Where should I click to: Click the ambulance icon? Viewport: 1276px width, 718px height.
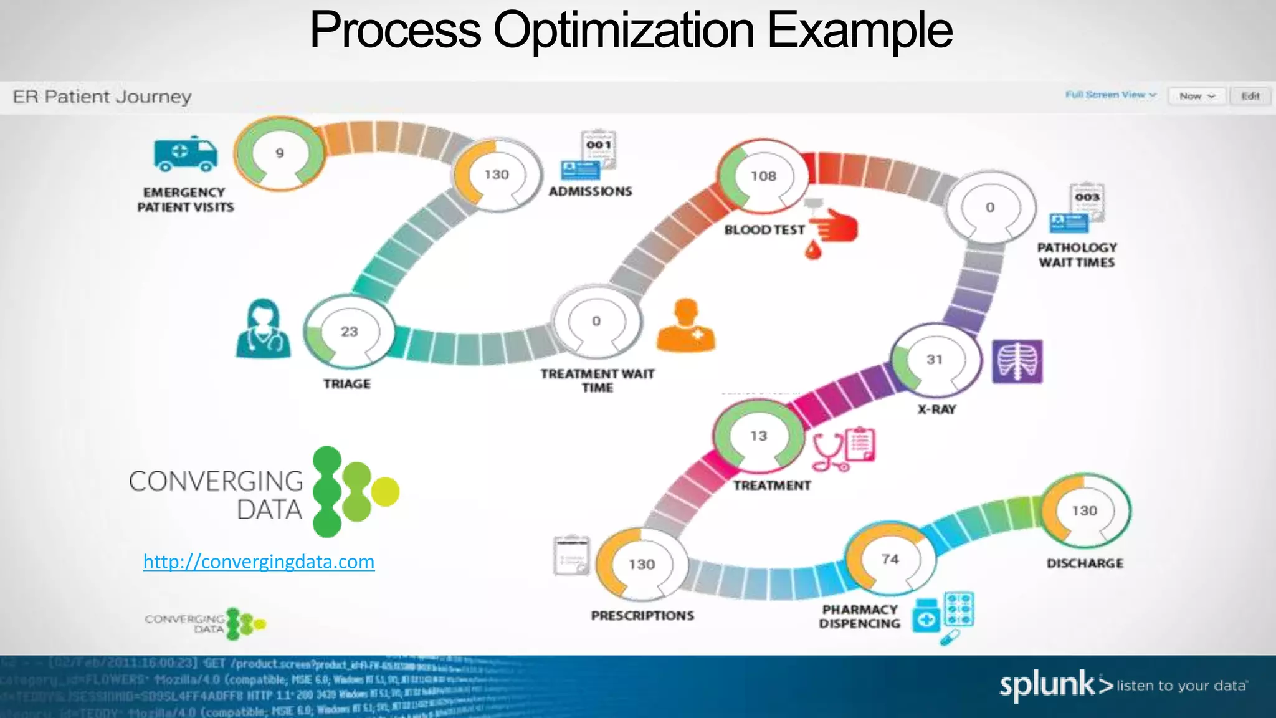(x=185, y=153)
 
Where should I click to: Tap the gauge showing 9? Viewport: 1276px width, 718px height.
(x=280, y=153)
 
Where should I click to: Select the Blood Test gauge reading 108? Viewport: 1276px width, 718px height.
(x=763, y=176)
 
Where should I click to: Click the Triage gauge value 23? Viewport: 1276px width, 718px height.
(x=349, y=332)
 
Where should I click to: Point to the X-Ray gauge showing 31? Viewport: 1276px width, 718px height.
(x=935, y=360)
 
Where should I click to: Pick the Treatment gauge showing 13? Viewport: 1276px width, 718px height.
(x=758, y=436)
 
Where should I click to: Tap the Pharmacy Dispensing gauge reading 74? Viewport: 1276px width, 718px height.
(x=890, y=559)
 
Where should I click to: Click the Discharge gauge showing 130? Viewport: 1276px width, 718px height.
(x=1085, y=510)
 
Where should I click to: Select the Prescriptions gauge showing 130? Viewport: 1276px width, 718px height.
(x=642, y=564)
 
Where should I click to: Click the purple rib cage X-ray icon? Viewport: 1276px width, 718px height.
(x=1017, y=361)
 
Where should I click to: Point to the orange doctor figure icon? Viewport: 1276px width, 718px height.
(x=685, y=325)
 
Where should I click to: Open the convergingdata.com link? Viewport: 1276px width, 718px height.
(x=259, y=562)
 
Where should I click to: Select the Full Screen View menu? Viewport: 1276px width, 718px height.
(x=1110, y=95)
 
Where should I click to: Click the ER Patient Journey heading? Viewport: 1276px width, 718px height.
(x=102, y=97)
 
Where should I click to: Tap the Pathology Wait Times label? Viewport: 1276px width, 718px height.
(x=1077, y=255)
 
